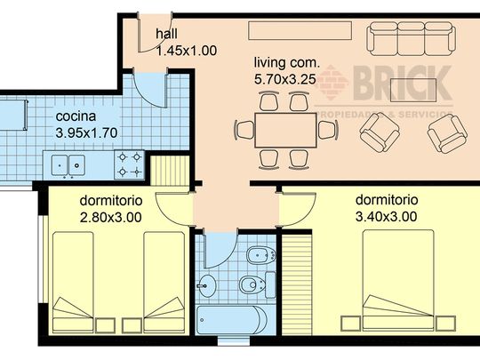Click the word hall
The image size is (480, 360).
pos(166,35)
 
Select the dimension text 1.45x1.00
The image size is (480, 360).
pos(187,51)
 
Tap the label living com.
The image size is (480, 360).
pos(284,63)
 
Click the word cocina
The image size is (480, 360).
pos(77,118)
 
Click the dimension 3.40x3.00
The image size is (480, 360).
pos(387,216)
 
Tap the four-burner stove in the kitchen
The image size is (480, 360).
pos(130,164)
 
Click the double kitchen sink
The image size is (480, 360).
pos(65,164)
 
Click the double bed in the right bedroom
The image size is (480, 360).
pos(397,279)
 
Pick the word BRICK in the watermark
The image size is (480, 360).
pos(405,85)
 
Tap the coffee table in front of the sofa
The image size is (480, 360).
pos(414,89)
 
